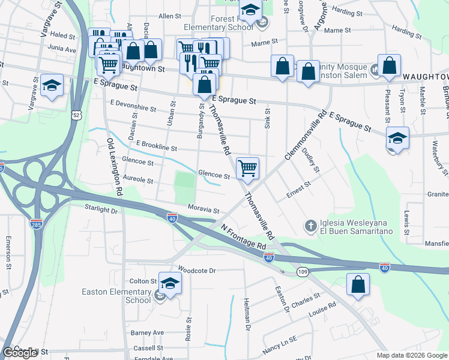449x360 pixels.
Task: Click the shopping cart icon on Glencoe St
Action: [247, 168]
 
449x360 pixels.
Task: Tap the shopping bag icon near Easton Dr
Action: [358, 285]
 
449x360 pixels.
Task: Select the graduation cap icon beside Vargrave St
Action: [52, 85]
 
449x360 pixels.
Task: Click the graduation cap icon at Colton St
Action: [170, 282]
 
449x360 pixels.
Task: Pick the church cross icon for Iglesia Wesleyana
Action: [310, 226]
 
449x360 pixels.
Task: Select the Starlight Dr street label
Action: [101, 210]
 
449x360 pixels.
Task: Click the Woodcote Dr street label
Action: [196, 271]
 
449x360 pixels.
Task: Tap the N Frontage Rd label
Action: [243, 238]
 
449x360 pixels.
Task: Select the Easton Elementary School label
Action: [116, 296]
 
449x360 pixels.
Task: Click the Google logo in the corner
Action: [20, 352]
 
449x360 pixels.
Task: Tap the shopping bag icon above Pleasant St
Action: [389, 67]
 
